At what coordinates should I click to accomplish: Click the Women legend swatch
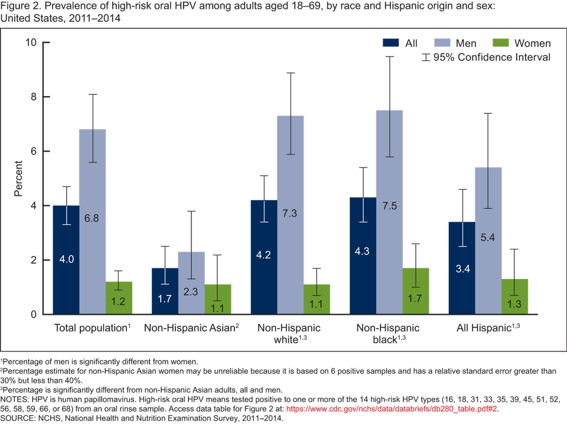(x=501, y=43)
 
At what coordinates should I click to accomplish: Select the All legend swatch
(x=392, y=43)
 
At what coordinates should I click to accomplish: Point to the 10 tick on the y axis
(x=31, y=42)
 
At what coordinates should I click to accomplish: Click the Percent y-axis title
(x=19, y=178)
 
